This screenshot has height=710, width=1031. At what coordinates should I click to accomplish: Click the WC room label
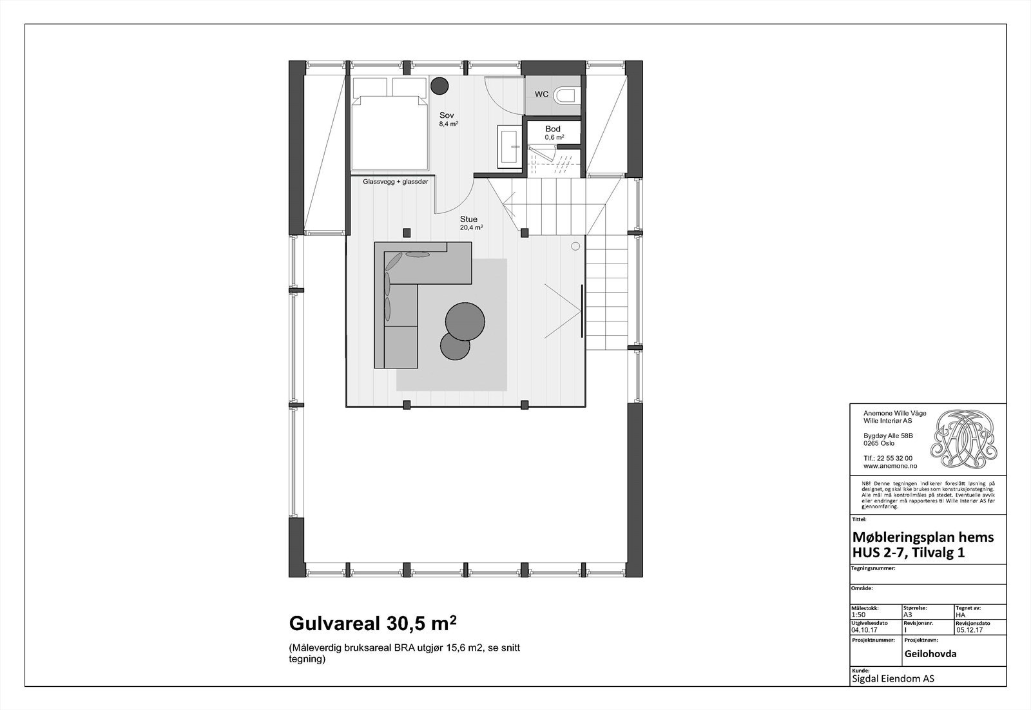coord(541,94)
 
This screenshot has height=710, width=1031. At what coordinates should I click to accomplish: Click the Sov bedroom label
coord(447,116)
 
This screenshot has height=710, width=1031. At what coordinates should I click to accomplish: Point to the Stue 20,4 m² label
coord(470,223)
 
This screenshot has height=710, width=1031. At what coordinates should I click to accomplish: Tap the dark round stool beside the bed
coord(439,84)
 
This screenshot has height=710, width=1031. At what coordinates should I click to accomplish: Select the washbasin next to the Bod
coord(510,146)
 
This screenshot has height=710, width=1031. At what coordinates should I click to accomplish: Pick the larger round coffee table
coord(465,320)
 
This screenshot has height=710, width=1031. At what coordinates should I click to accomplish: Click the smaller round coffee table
coord(455,346)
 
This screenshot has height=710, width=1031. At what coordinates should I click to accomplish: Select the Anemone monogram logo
coord(965,439)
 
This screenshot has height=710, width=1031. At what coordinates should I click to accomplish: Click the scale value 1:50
coord(859,614)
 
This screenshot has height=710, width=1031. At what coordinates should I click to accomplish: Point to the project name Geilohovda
coord(930,653)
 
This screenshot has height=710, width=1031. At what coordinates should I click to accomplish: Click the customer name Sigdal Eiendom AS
coord(892,678)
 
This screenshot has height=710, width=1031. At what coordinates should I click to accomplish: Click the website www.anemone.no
coord(891,465)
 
